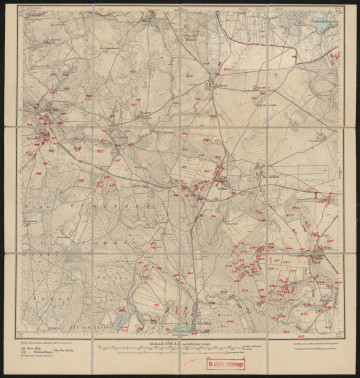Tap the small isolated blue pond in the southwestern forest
[x=122, y=322]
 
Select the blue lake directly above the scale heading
[x=183, y=327]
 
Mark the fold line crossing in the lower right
[x=269, y=250]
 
